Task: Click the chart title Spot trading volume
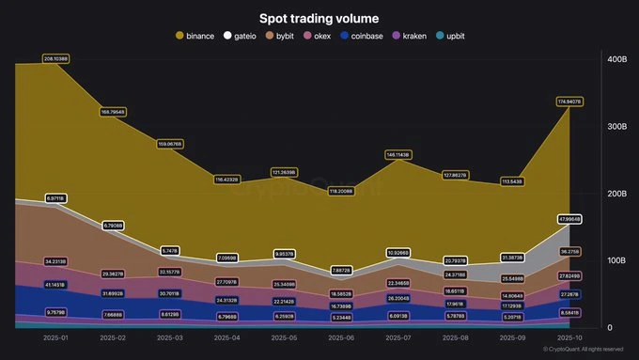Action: point(319,17)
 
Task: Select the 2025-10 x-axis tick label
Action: point(569,337)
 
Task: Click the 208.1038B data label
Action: point(56,58)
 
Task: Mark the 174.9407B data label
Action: point(569,101)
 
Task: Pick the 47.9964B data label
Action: point(569,219)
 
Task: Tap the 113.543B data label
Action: point(512,181)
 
